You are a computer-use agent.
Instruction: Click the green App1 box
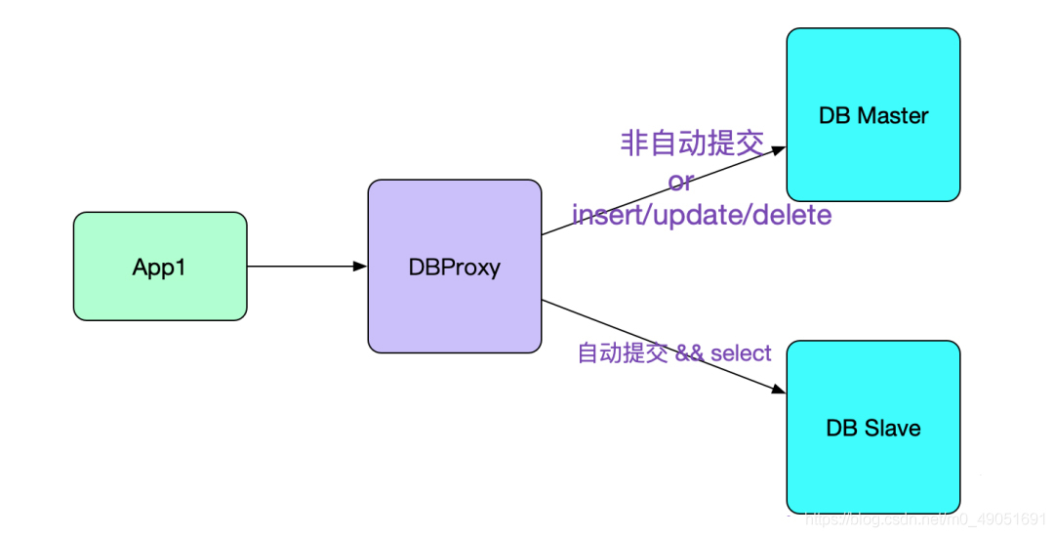(160, 266)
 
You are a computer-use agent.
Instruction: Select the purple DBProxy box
(454, 266)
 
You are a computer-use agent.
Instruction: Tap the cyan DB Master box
(873, 114)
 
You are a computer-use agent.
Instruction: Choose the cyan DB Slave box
(873, 427)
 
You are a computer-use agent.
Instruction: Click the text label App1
(160, 268)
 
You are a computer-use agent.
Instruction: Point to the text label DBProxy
(454, 268)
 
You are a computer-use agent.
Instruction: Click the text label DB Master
(873, 115)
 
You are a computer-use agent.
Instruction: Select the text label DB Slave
(873, 428)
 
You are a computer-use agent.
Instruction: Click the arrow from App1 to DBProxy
(303, 266)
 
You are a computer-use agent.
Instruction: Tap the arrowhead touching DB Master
(779, 149)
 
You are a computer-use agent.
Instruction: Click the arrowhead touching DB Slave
(779, 390)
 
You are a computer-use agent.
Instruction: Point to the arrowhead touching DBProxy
(360, 266)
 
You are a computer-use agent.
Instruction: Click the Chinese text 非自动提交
(691, 144)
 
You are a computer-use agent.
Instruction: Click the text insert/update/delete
(702, 214)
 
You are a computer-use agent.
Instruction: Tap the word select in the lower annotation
(741, 352)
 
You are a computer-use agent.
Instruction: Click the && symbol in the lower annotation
(690, 352)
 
